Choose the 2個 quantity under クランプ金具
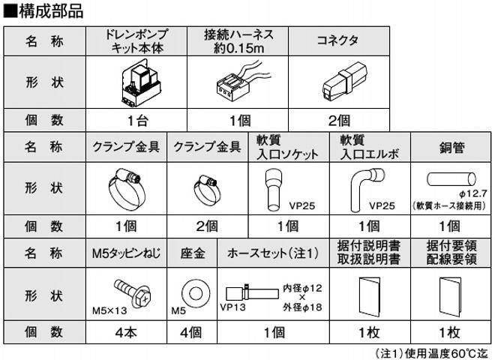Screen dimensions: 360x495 point(207,225)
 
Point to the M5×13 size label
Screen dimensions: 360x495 point(109,307)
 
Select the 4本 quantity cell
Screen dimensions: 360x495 point(125,330)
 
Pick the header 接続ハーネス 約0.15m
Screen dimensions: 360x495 point(239,40)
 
